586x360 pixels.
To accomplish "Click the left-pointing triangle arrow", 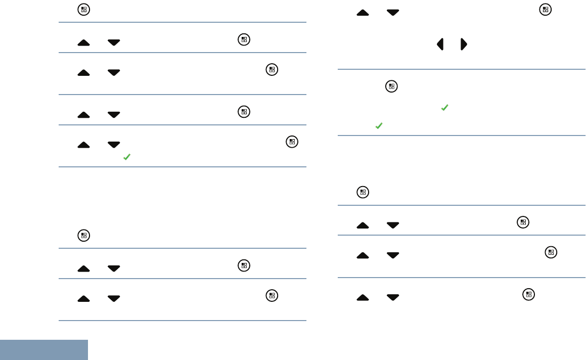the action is point(440,44).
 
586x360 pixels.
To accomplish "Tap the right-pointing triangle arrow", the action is point(464,44).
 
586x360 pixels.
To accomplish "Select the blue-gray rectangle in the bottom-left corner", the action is point(44,350).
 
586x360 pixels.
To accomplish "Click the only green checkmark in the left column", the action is point(126,158).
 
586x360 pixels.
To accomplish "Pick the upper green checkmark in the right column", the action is point(444,108).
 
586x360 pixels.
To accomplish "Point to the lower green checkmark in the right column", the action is point(379,126).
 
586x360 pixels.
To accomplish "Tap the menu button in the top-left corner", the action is point(83,10).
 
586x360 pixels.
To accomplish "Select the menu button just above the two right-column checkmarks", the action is point(391,86).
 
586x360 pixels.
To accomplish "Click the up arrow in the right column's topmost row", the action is point(363,13).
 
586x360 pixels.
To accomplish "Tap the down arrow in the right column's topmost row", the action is point(392,13).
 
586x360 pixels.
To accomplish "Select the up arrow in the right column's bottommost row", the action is point(363,298).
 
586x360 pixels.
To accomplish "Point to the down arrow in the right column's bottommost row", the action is point(392,298).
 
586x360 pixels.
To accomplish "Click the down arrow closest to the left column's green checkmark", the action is point(114,145).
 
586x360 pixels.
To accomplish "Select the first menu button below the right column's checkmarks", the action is point(362,192).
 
